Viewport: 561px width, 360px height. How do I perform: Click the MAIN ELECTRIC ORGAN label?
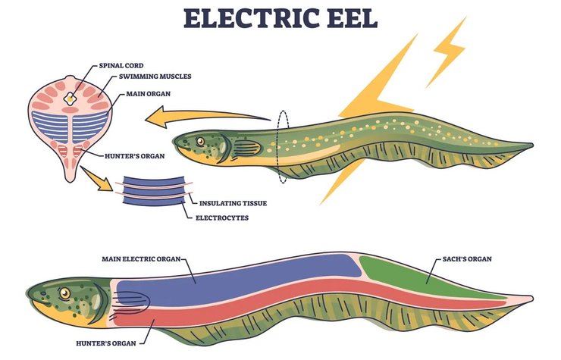click(x=142, y=258)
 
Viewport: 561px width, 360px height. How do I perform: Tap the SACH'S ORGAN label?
click(x=465, y=258)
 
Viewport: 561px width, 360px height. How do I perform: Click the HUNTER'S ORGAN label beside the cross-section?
click(x=130, y=155)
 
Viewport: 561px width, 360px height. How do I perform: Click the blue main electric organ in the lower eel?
click(x=243, y=277)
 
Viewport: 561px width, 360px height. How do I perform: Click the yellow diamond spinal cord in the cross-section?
click(x=73, y=98)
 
